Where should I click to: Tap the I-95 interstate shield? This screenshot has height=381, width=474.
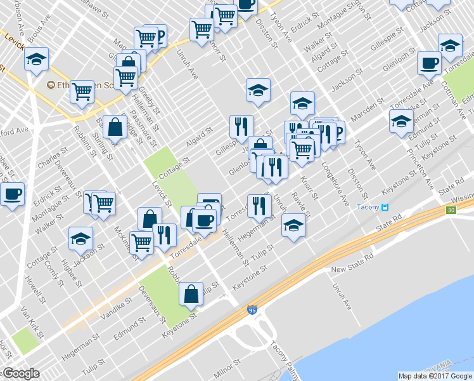coord(252,311)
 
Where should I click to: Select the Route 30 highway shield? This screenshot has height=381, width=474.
coord(451,210)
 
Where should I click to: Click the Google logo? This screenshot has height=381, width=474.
coord(21,373)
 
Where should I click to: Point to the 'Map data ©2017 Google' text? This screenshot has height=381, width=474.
coord(435,376)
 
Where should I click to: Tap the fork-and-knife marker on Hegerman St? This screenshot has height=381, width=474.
coord(259,205)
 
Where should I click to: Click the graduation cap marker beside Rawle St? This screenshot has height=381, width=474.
coord(293,225)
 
